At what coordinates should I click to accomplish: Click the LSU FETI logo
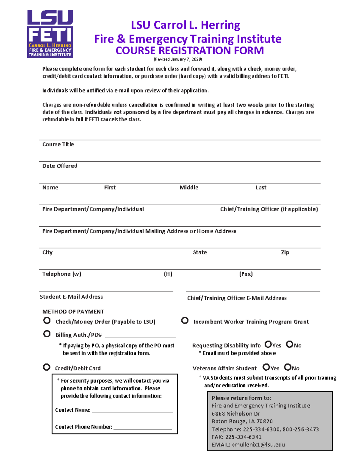coord(50,34)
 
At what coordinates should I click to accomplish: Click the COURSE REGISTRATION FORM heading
coord(190,50)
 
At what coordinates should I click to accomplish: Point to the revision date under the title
coord(178,59)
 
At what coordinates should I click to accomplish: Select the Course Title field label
coord(58,144)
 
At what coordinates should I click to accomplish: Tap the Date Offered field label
coord(60,166)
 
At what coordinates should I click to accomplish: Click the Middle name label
coord(189,188)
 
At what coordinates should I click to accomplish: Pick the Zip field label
coord(285,252)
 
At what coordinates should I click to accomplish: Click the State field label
coord(200,252)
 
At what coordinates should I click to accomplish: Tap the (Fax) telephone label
coord(246,274)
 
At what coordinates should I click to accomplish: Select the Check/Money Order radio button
coord(47,320)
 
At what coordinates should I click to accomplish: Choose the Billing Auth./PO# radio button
coord(47,334)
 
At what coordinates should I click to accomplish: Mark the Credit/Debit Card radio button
coord(46,367)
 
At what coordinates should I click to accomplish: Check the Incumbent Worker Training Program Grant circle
coord(185,320)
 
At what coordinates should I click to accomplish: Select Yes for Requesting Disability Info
coord(268,344)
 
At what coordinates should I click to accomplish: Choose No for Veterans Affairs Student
coord(288,367)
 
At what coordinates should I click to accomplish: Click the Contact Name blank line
coord(132,410)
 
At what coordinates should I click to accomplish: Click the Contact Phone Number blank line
coord(142,427)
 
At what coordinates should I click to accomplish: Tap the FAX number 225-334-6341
coord(243,437)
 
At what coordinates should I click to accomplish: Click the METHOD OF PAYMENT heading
coord(73,312)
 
